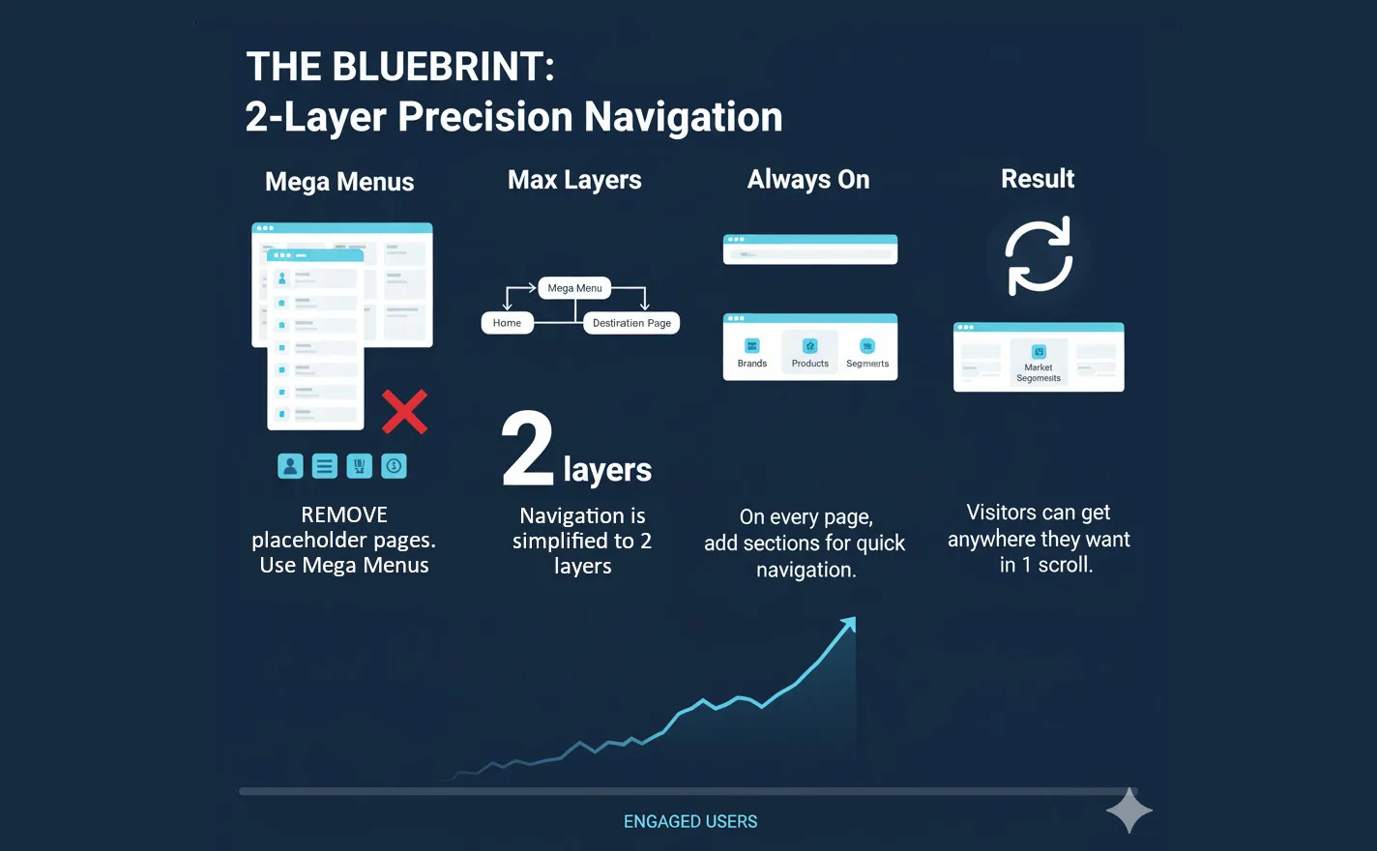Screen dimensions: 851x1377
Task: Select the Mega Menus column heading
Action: point(339,182)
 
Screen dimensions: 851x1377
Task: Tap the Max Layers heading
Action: point(574,180)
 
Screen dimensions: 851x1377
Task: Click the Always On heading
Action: point(808,180)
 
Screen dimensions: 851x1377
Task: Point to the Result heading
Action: point(1038,179)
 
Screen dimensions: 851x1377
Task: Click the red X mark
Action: point(404,412)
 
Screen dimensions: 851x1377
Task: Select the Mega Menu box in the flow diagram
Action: point(574,288)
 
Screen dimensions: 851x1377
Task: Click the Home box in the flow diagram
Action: point(507,323)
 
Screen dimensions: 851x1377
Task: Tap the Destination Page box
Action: point(631,323)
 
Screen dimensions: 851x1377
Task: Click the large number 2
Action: point(528,449)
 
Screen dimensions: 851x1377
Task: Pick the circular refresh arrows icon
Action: point(1039,256)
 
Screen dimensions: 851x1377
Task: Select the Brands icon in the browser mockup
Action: point(752,346)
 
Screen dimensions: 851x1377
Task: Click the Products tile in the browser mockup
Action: point(810,352)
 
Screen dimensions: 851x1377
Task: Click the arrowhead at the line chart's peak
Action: point(848,625)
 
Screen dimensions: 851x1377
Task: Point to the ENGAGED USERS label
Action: point(690,822)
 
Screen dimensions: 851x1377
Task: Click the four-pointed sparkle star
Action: point(1128,810)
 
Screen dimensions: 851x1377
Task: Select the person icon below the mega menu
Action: point(290,466)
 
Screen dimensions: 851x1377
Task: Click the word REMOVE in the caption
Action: point(344,514)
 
